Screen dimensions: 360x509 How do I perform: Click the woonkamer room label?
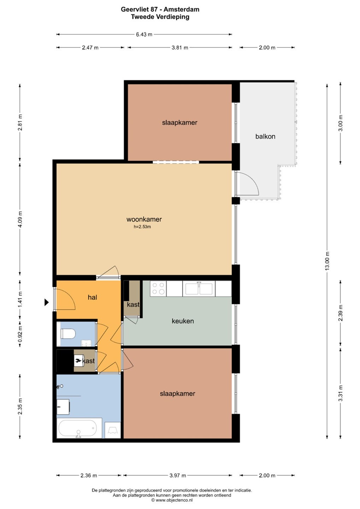pyautogui.click(x=144, y=220)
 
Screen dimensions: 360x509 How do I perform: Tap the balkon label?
pyautogui.click(x=265, y=136)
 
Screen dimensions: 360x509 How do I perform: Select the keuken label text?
pyautogui.click(x=183, y=321)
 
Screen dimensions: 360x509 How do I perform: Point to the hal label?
pyautogui.click(x=93, y=297)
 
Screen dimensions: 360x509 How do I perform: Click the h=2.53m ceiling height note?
pyautogui.click(x=142, y=227)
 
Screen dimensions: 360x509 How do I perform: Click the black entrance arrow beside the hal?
pyautogui.click(x=47, y=302)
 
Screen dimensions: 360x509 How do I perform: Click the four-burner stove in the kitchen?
pyautogui.click(x=158, y=288)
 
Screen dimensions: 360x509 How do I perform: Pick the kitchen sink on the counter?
pyautogui.click(x=199, y=288)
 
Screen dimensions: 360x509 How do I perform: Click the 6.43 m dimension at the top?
pyautogui.click(x=144, y=35)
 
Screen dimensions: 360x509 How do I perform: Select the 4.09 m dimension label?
pyautogui.click(x=20, y=219)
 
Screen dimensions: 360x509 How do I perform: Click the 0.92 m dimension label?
pyautogui.click(x=20, y=334)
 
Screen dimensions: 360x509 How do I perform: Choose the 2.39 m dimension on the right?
pyautogui.click(x=340, y=313)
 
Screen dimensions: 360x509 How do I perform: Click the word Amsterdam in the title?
pyautogui.click(x=182, y=9)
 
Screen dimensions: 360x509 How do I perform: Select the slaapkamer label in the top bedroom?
pyautogui.click(x=180, y=123)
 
